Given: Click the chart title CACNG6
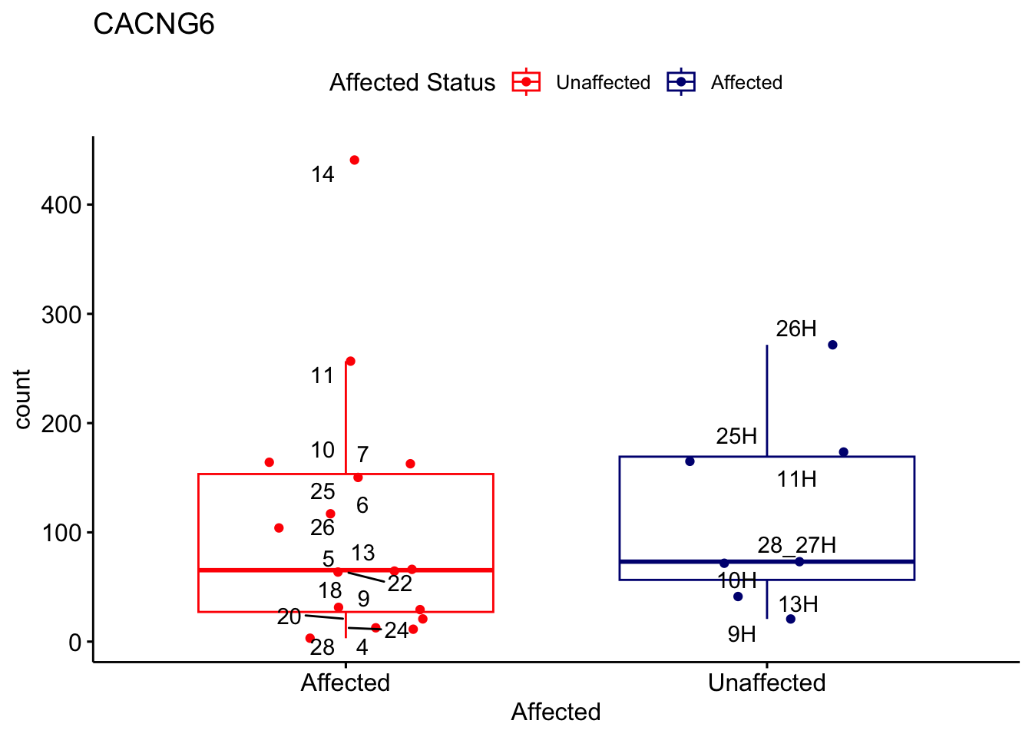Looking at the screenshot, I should point(154,25).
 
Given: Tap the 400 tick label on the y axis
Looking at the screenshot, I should point(61,205).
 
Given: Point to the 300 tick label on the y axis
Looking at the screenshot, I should point(61,314).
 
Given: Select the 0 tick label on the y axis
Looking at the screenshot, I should point(74,642).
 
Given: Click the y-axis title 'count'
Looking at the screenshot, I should point(22,399).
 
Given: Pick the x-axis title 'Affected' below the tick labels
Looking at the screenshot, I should point(555,712).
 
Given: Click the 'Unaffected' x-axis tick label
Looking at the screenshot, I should point(766,682).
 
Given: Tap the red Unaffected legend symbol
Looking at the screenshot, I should point(526,82).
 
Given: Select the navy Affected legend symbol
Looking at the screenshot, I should point(681,82).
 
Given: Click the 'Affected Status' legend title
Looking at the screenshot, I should point(412,82).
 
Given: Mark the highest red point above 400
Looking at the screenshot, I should point(354,160).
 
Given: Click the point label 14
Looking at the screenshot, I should point(322,175).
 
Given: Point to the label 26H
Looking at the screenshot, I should point(796,329).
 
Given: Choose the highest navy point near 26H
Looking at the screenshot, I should point(832,345).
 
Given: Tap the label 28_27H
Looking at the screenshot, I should point(796,545).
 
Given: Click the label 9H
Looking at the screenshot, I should point(742,634).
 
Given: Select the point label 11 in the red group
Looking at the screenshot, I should point(322,375).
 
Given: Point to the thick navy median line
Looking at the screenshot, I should point(860,562).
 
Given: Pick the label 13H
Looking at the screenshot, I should point(798,604).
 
